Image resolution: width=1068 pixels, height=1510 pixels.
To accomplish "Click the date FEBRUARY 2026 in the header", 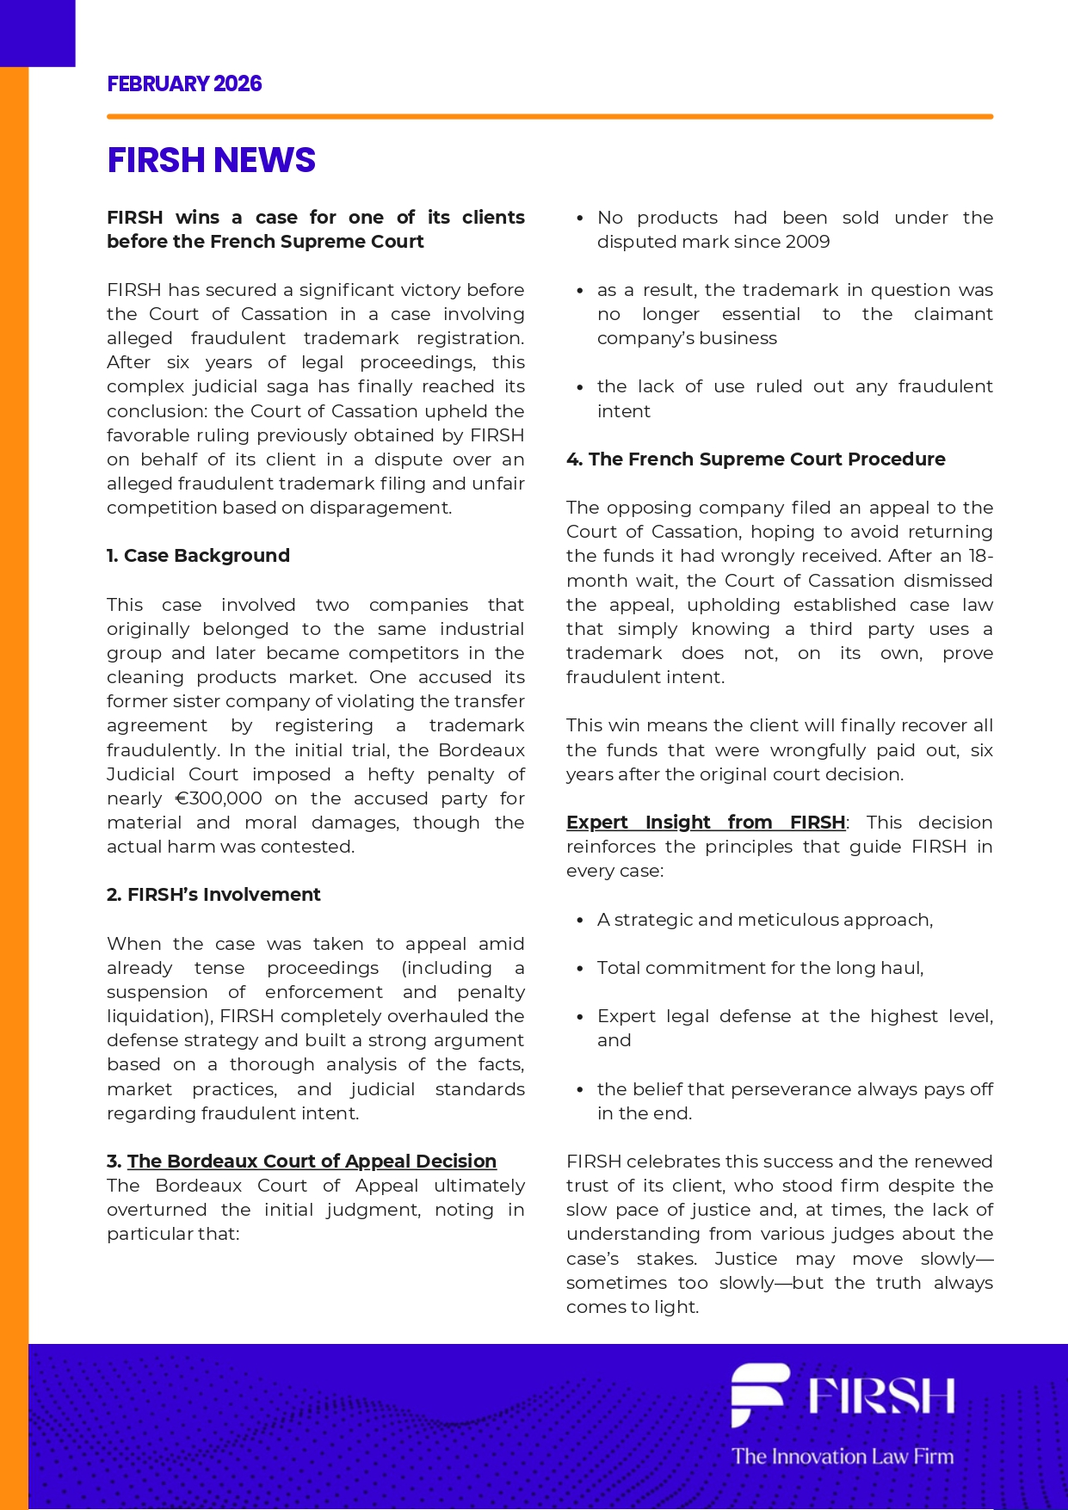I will [x=184, y=84].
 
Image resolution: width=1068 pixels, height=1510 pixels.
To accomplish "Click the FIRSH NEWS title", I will [x=211, y=160].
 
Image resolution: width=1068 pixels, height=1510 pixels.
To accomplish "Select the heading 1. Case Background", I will [x=198, y=556].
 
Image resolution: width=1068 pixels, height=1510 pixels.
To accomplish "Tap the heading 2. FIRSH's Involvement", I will [x=213, y=895].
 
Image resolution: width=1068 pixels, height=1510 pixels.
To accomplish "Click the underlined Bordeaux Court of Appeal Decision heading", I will [x=312, y=1162].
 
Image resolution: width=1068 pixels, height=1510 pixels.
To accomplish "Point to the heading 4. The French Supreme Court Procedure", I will [x=756, y=459].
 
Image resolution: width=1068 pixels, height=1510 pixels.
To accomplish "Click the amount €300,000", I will [x=219, y=798].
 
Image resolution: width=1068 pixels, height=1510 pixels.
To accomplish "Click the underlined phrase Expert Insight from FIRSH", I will [x=706, y=823].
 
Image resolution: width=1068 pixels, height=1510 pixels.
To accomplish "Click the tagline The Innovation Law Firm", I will [x=843, y=1457].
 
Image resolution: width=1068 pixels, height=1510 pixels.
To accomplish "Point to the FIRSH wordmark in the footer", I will [x=881, y=1396].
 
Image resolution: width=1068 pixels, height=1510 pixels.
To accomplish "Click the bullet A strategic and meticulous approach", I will [x=764, y=920].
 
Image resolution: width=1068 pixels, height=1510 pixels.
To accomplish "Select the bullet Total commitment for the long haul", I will [x=760, y=968].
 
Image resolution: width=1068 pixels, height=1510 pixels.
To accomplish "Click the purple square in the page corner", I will [x=37, y=33].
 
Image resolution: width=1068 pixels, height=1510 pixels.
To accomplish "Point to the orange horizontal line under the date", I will [x=550, y=116].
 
